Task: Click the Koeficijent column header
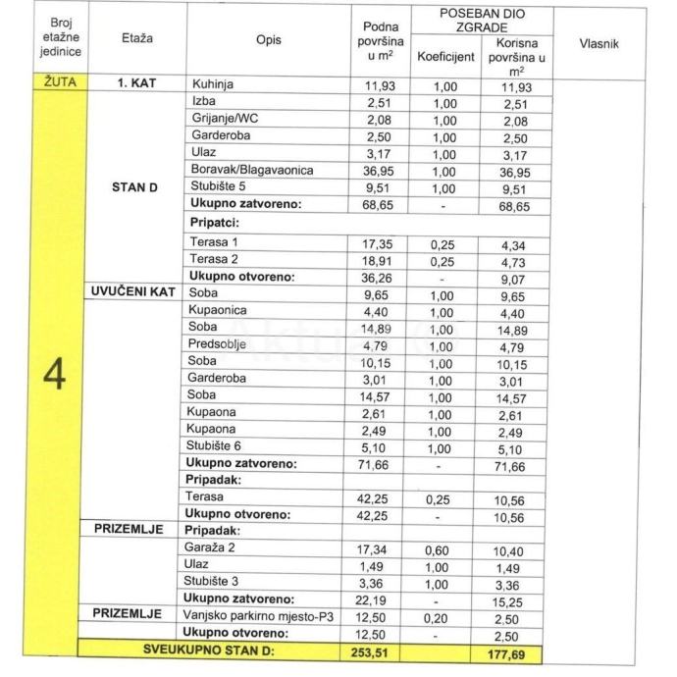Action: pyautogui.click(x=445, y=56)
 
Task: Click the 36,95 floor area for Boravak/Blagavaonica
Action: pyautogui.click(x=373, y=171)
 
